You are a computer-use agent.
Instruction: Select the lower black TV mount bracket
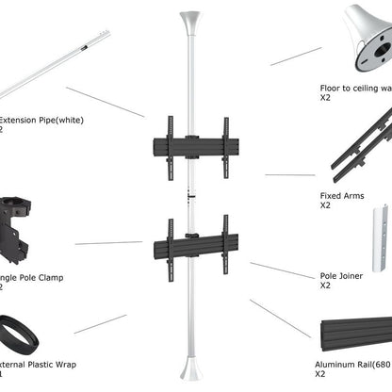point(197,247)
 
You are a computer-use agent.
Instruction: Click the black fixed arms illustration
point(364,146)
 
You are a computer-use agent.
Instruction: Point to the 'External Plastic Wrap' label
point(38,364)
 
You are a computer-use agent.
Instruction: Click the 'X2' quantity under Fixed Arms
point(326,205)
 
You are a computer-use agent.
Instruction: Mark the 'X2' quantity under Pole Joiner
point(326,286)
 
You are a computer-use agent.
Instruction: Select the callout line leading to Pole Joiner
point(282,270)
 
